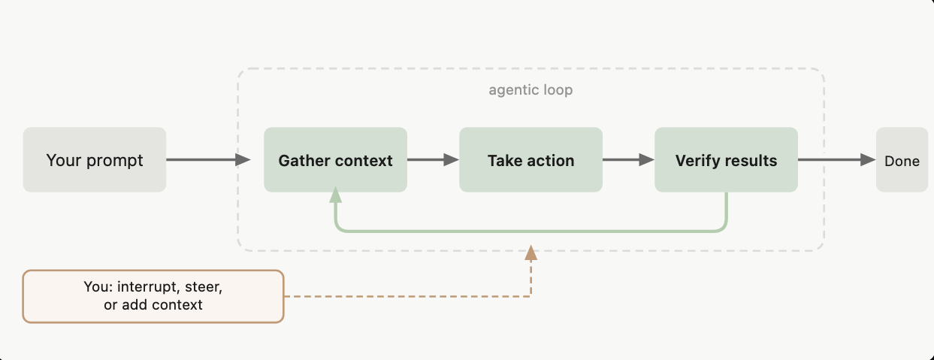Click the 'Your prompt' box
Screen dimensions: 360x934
click(x=95, y=160)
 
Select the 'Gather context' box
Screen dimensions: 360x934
click(x=335, y=160)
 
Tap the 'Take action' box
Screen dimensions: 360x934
click(x=530, y=160)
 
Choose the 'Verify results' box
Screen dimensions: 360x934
click(x=726, y=160)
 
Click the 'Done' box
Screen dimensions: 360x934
click(x=902, y=160)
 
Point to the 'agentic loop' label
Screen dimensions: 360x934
click(x=530, y=90)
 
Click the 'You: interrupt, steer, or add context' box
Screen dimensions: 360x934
click(x=153, y=296)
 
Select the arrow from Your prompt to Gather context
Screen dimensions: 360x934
click(x=207, y=159)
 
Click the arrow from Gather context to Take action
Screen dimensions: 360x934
click(x=433, y=159)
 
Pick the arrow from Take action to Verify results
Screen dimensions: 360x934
click(x=628, y=159)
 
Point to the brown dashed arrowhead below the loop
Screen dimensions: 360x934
click(x=530, y=253)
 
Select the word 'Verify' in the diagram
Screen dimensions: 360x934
click(x=697, y=161)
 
